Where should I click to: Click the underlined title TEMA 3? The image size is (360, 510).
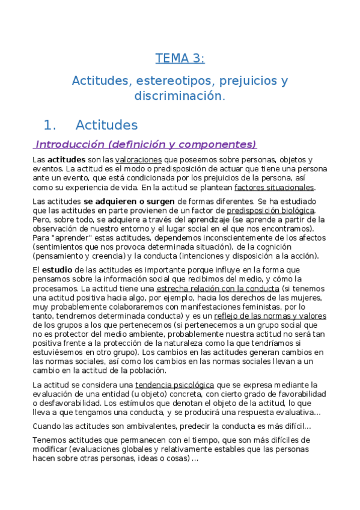click(x=180, y=58)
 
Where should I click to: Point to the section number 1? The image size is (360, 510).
click(x=50, y=125)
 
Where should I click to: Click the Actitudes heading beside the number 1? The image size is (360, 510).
click(x=106, y=125)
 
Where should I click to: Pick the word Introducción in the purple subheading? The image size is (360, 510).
click(x=70, y=144)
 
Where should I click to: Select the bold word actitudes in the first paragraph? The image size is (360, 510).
click(x=66, y=160)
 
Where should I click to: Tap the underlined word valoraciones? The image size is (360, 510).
click(x=138, y=160)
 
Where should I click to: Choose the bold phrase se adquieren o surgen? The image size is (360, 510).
click(x=129, y=201)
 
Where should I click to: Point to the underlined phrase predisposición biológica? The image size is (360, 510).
click(x=270, y=210)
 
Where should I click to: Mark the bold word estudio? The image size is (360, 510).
click(x=57, y=270)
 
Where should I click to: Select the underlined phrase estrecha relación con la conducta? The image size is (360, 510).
click(x=213, y=289)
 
